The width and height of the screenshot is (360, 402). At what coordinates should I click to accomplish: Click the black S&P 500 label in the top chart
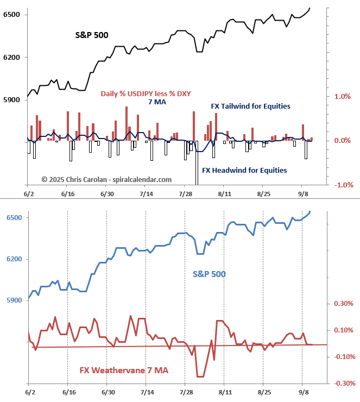coord(91,35)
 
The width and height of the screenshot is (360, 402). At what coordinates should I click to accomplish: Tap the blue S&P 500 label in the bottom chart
coord(209,274)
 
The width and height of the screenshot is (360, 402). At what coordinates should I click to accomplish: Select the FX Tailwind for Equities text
coord(250,106)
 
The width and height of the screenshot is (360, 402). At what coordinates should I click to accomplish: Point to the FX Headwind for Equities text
coord(244,170)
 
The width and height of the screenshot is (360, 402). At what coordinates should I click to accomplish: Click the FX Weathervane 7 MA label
coord(124,370)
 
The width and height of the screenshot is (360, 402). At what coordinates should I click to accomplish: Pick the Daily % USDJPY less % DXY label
coord(146,93)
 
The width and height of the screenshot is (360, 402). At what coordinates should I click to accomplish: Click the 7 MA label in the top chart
coord(157,102)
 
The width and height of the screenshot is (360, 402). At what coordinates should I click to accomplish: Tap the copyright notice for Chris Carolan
coord(106,179)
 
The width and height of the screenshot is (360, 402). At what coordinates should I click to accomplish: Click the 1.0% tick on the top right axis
coord(342,96)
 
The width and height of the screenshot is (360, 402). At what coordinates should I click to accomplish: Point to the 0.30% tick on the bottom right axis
coord(343,304)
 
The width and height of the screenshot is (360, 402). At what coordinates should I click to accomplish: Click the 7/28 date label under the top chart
coord(186,193)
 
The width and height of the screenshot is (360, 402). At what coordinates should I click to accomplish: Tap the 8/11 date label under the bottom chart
coord(224,392)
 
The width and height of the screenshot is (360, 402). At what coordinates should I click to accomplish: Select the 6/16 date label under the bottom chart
coord(67,392)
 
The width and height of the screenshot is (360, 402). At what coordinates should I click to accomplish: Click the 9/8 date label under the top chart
coord(304,193)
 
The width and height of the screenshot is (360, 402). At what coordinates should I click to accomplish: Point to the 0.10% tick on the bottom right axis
coord(343,330)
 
